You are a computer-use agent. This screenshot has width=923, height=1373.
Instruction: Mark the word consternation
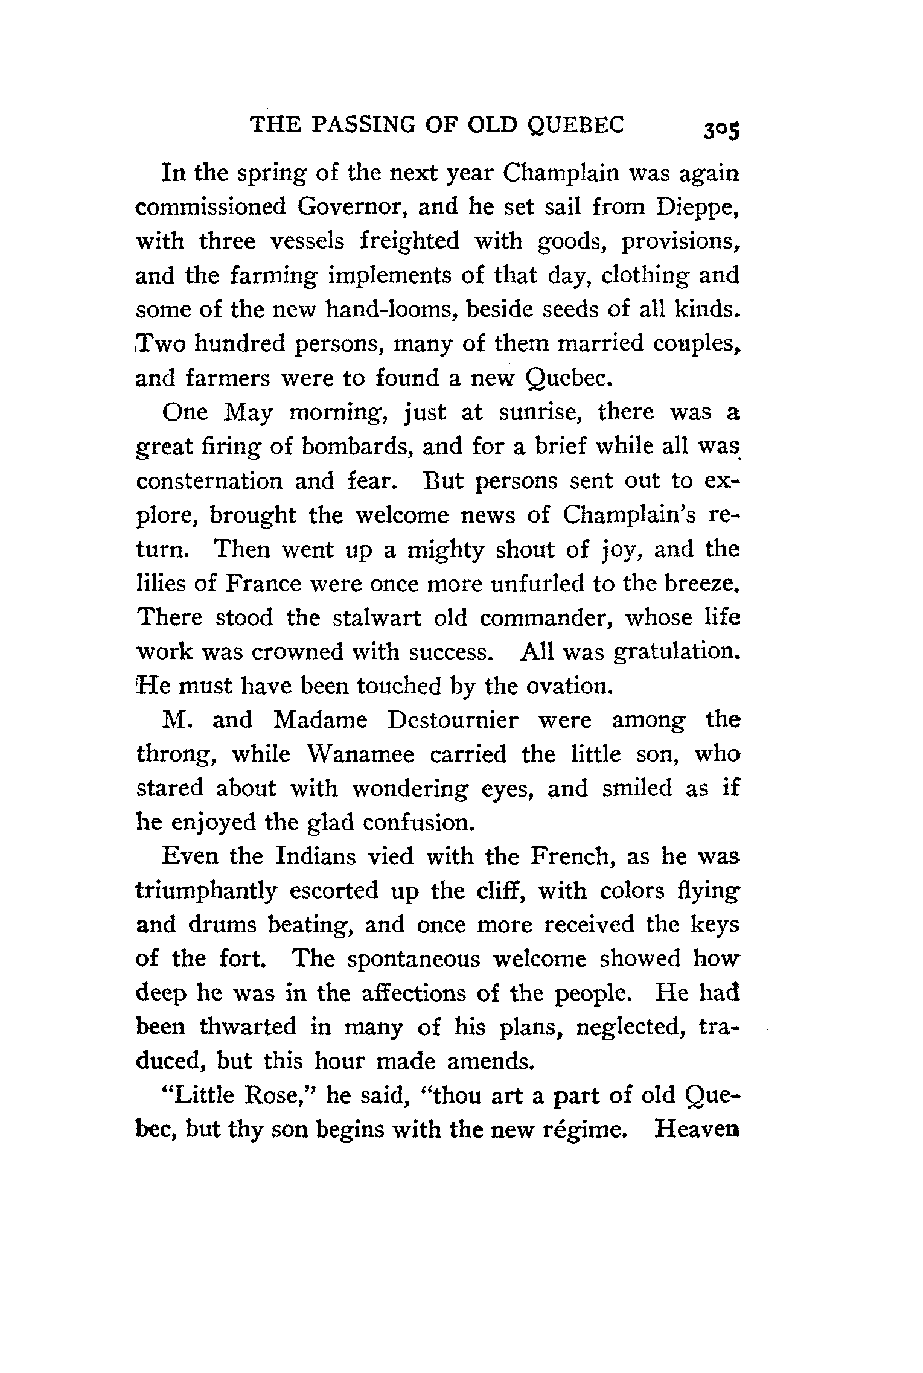pyautogui.click(x=209, y=482)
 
